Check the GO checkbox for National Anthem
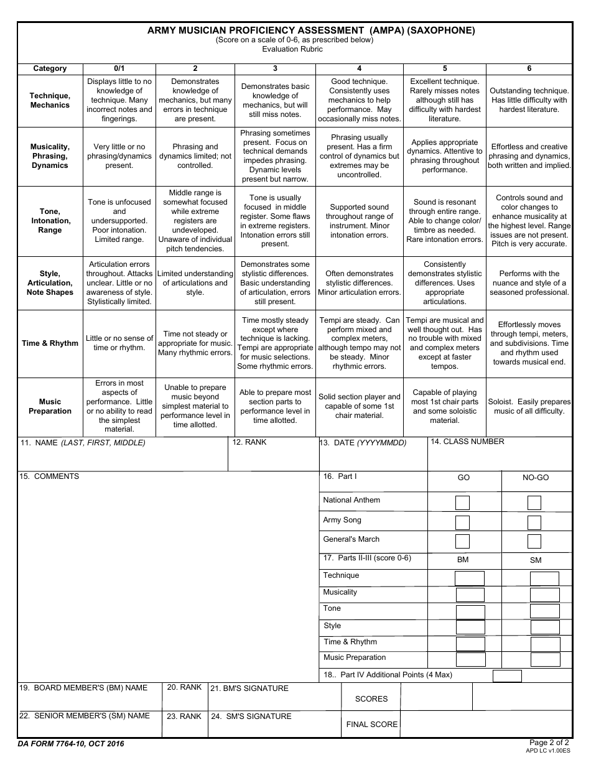pos(462,503)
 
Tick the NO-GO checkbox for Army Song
pos(534,522)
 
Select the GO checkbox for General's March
pos(462,541)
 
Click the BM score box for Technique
pos(470,578)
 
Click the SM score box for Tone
pos(544,611)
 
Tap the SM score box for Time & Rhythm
pos(544,644)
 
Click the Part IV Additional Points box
pos(507,675)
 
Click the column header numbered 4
pos(359,68)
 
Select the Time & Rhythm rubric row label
pos(50,343)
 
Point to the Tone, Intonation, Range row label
pos(50,221)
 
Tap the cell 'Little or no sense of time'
pos(119,343)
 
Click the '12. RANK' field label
pos(249,442)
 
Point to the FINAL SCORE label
pos(371,724)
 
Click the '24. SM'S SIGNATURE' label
pos(251,716)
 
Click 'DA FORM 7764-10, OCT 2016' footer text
pos(71,744)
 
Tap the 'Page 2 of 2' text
pos(549,742)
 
